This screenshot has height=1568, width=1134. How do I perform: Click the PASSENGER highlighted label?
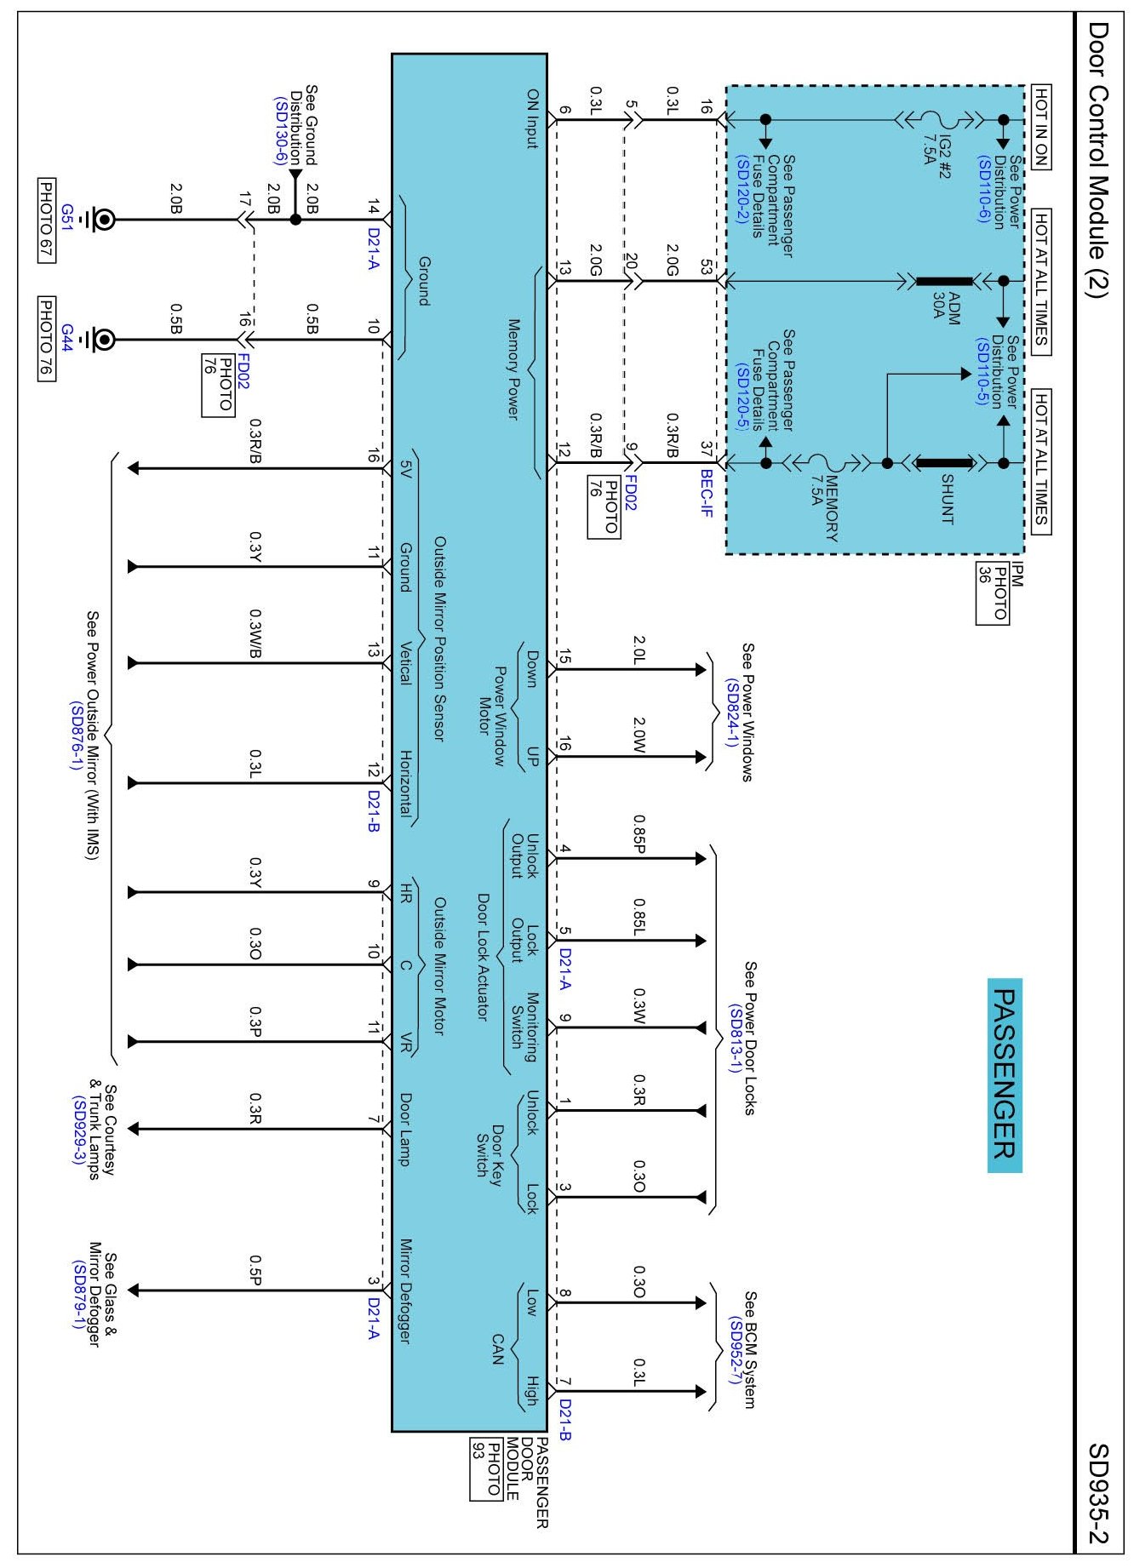1005,1074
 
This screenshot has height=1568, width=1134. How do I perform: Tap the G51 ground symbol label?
67,213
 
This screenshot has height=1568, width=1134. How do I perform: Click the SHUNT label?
947,499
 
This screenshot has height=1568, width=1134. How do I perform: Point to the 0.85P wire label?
639,833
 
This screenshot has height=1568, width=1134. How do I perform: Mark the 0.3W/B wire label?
255,634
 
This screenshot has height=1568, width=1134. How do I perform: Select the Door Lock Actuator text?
483,957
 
